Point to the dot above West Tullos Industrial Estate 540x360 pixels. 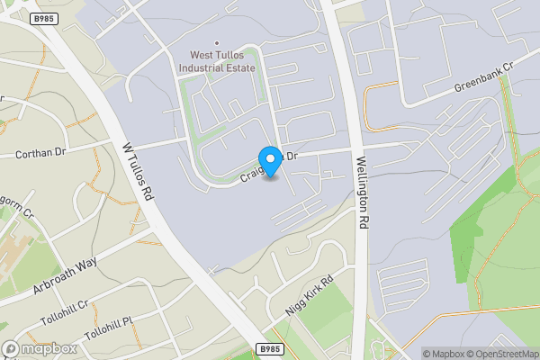tap(217, 42)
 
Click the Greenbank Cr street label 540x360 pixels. tap(482, 80)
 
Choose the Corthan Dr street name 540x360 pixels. tap(41, 154)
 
